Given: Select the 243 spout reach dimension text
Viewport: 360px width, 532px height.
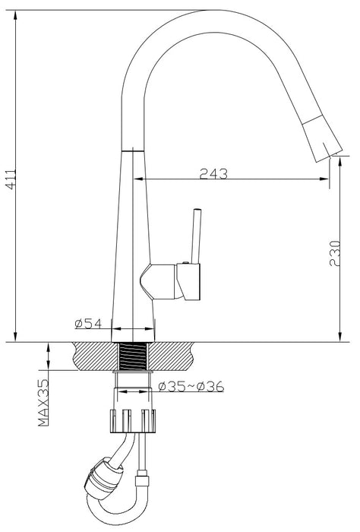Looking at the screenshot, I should [x=214, y=174].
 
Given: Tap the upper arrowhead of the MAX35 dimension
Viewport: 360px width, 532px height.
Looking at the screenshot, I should [x=48, y=347].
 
